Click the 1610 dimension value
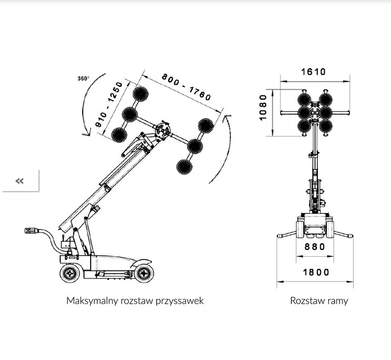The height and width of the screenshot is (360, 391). coord(313,72)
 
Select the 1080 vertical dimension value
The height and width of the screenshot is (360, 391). coord(263,107)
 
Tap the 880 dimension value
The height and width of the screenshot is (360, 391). coord(315,247)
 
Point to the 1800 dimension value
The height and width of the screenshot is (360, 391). coord(316,272)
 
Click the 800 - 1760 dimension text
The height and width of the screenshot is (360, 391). coord(186,87)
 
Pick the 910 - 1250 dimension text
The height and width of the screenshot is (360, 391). coord(109,104)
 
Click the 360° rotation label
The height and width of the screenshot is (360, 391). coord(83,78)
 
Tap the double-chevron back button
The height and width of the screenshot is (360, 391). coord(19,181)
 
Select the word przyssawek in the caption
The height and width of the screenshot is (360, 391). coord(180,301)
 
